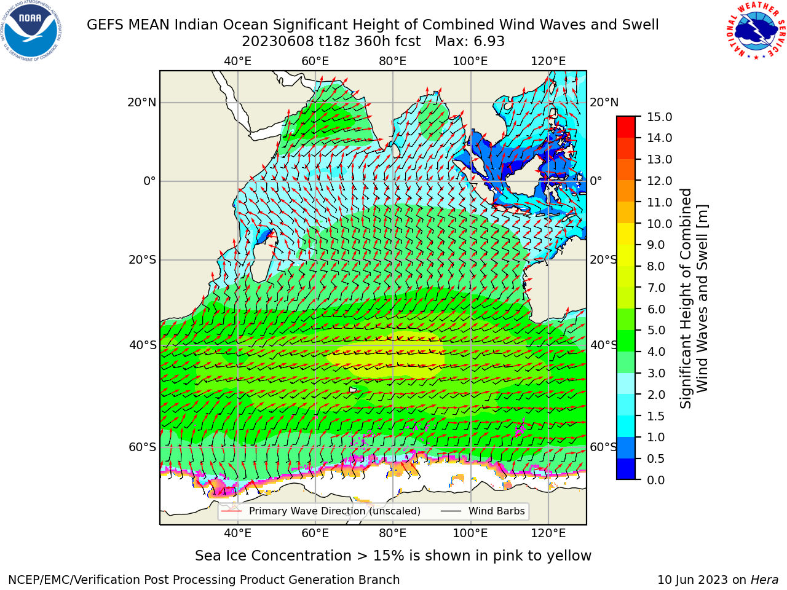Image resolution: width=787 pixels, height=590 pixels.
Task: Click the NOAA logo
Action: (31, 31)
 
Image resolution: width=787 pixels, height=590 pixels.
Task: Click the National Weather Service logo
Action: (756, 30)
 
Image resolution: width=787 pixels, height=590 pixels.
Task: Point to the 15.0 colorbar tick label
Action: (660, 117)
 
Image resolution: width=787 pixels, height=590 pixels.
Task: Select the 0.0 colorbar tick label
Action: (656, 479)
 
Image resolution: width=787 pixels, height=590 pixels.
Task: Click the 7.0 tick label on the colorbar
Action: (656, 288)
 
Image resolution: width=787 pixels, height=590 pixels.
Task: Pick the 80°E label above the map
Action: (393, 61)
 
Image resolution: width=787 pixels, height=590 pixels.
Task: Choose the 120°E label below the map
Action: (548, 533)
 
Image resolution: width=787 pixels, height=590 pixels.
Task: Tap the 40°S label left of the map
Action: (143, 345)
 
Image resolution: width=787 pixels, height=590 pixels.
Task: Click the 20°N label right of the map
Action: (604, 103)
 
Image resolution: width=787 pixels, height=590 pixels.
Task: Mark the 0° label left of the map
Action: (149, 181)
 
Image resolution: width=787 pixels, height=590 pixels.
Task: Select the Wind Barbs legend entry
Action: (483, 511)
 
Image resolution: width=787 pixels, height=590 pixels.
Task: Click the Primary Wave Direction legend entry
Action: (321, 511)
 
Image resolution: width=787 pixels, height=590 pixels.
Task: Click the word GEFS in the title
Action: (105, 25)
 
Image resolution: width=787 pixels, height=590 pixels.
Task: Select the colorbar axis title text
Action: (694, 298)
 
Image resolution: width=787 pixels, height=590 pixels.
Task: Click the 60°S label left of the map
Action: (143, 447)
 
